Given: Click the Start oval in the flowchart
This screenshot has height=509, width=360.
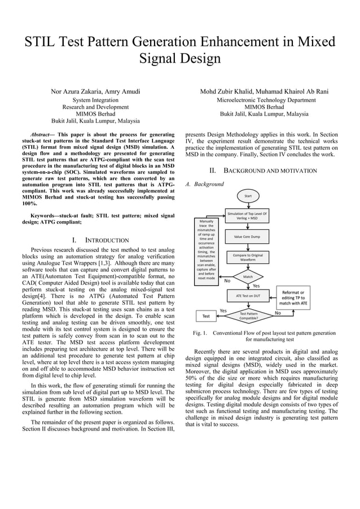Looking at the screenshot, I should pyautogui.click(x=247, y=196).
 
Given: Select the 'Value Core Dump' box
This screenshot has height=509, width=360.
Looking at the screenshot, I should pyautogui.click(x=247, y=236).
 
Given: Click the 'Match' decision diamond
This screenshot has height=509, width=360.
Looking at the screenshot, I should pyautogui.click(x=247, y=277).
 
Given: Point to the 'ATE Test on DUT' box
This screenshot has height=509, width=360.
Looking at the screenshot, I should pyautogui.click(x=247, y=295).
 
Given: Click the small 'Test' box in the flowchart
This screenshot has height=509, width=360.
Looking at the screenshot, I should pyautogui.click(x=206, y=316).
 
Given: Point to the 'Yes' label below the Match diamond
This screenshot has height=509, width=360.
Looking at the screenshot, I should pyautogui.click(x=256, y=286).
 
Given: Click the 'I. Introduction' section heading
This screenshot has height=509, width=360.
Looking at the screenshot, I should pyautogui.click(x=96, y=240).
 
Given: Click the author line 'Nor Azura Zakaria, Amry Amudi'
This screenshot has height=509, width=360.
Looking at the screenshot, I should pyautogui.click(x=95, y=91).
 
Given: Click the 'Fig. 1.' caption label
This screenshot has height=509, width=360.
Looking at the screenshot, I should pyautogui.click(x=200, y=333).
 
